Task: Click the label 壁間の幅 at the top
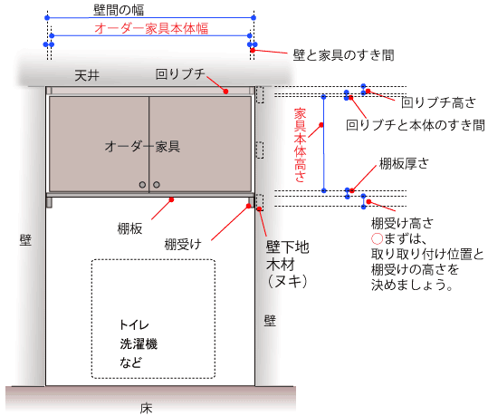[119, 10]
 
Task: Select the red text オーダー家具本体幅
[151, 28]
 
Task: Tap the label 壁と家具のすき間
[344, 55]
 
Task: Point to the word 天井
[87, 75]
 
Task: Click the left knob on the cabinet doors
[142, 185]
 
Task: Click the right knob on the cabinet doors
[157, 185]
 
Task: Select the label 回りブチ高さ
[438, 102]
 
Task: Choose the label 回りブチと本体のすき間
[416, 125]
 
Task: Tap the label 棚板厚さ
[404, 163]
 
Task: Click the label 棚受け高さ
[402, 223]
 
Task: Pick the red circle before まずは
[377, 239]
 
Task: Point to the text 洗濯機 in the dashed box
[139, 343]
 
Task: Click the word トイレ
[134, 325]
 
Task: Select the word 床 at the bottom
[146, 409]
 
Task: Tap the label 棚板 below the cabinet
[129, 228]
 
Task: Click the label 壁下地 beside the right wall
[287, 247]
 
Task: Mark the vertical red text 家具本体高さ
[300, 145]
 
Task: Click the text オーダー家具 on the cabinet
[142, 146]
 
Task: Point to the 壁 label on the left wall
[25, 240]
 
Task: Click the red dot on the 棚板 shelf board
[171, 199]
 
